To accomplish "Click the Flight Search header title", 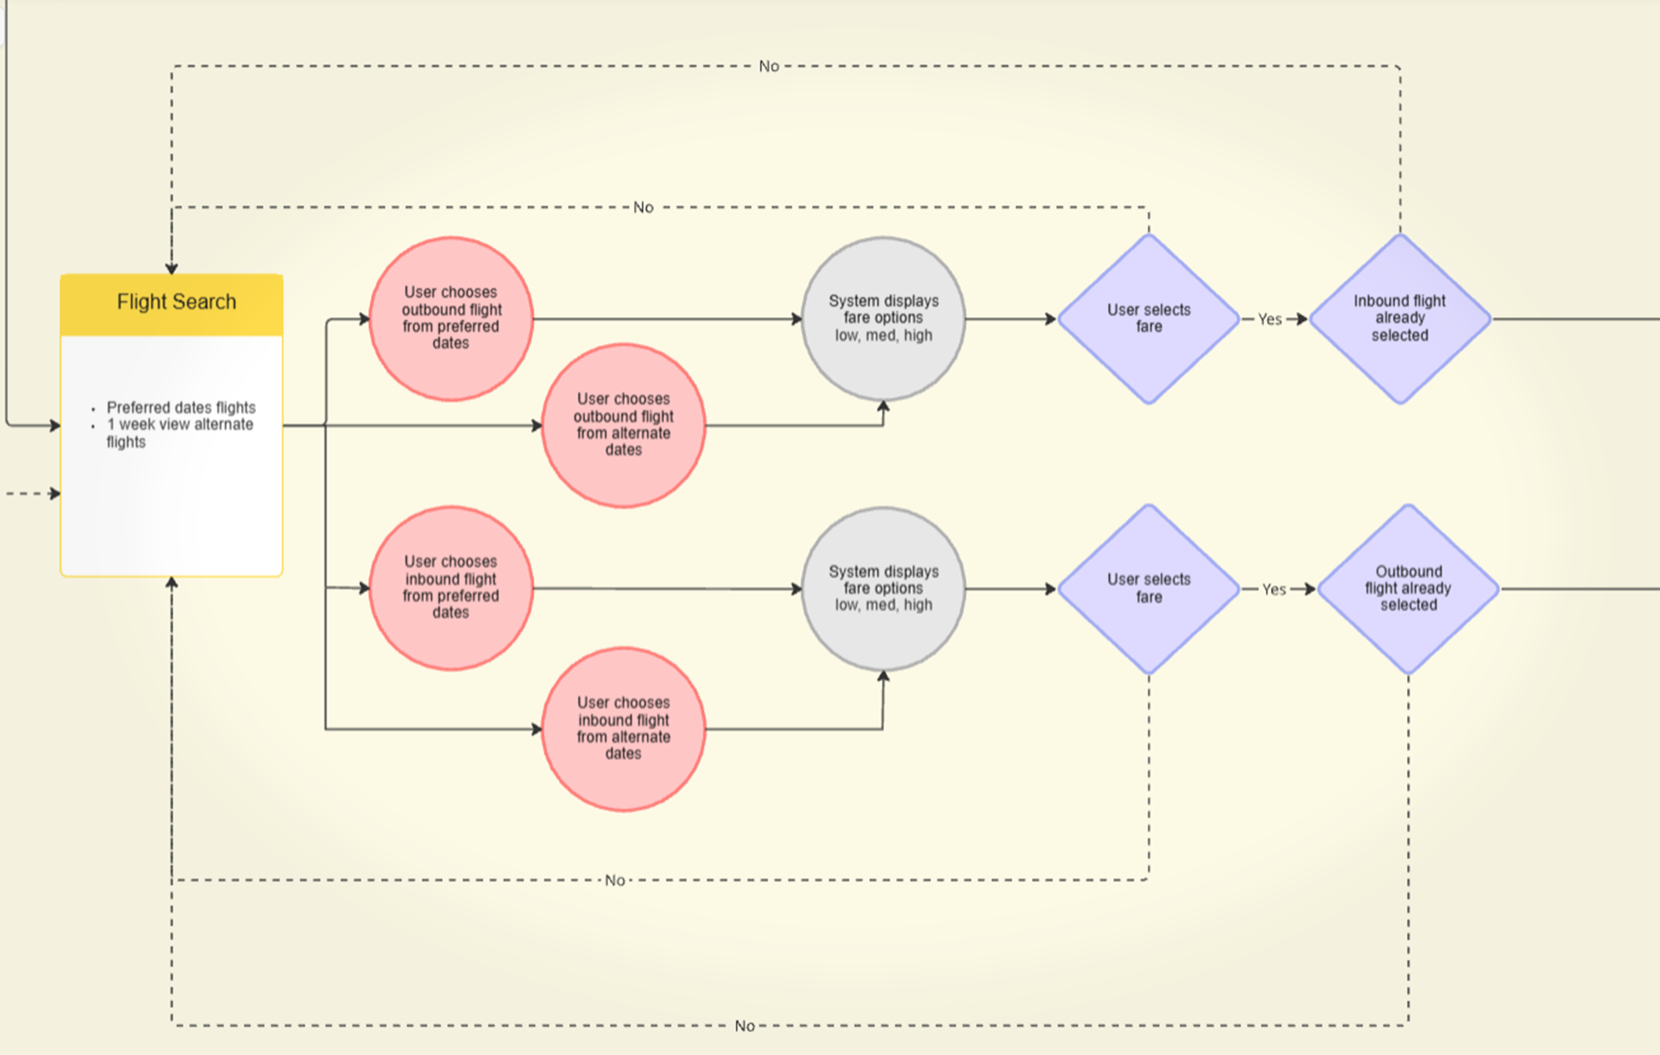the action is [177, 302].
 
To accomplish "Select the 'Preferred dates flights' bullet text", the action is [181, 407].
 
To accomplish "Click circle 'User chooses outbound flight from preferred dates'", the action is [451, 318].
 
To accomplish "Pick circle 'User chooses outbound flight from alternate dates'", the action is [623, 425].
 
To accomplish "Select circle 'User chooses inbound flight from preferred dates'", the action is [451, 588].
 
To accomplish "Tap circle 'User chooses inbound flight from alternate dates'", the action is [623, 729].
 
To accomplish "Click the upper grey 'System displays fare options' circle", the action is [883, 318].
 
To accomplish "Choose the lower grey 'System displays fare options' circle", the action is [883, 589].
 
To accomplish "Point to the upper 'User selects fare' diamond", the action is [1149, 318].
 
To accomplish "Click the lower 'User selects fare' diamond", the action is [1149, 589].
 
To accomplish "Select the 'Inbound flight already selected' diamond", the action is [1400, 318].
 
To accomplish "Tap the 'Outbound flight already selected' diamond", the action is [1408, 589].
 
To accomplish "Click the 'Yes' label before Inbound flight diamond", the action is [1269, 319].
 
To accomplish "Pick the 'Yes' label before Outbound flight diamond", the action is [1274, 589].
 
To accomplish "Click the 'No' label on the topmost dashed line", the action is [769, 66].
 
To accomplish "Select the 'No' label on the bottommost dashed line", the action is [744, 1026].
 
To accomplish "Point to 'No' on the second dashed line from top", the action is [643, 208].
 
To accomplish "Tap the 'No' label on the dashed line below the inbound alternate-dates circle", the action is [615, 880].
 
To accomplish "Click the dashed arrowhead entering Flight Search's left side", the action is [55, 494].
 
